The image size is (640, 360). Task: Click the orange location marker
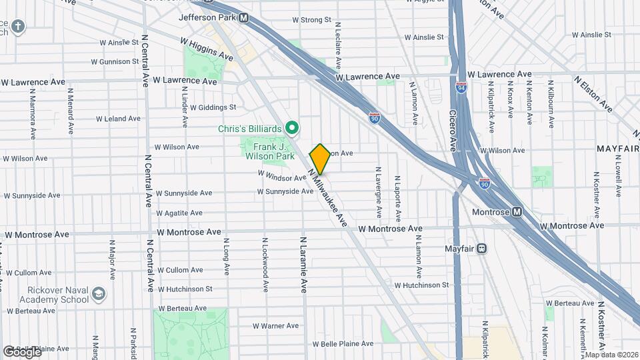coord(320,159)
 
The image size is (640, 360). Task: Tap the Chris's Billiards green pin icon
coord(291,127)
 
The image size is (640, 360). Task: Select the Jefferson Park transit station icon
coord(244,18)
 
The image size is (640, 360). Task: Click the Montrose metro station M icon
coord(517,211)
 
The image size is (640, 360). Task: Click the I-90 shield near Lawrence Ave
coord(375,117)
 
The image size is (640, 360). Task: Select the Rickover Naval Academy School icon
coord(99,294)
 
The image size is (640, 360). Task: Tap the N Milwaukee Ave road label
coord(329,197)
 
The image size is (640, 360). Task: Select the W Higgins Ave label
coord(207,49)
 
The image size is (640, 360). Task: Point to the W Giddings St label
coord(213,107)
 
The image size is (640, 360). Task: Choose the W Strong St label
coord(312,20)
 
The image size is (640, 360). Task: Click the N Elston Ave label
coord(593,93)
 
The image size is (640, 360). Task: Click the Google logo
coord(22,351)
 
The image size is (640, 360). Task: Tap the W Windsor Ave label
coord(281,178)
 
